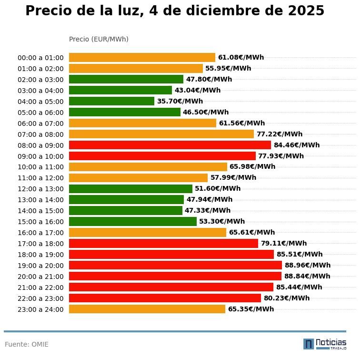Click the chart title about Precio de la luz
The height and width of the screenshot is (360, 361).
tap(175, 11)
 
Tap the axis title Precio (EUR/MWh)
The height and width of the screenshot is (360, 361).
tap(99, 39)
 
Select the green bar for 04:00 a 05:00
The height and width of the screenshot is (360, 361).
tap(111, 101)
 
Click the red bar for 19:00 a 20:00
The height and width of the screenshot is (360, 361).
tap(175, 265)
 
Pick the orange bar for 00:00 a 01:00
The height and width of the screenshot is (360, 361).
tap(142, 58)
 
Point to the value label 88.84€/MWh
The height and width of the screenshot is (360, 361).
tap(307, 276)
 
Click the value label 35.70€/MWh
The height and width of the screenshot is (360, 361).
tap(180, 101)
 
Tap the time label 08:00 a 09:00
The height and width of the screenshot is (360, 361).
tap(40, 145)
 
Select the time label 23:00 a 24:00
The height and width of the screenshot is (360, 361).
tap(40, 309)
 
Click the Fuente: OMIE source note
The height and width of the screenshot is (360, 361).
tap(27, 344)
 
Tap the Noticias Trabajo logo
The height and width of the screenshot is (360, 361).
tap(324, 344)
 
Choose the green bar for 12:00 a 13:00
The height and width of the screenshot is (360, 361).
tap(130, 189)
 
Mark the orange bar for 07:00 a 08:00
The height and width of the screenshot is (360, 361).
tap(161, 134)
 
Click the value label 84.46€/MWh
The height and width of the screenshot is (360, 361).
tap(296, 145)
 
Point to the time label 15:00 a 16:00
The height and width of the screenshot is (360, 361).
tap(40, 222)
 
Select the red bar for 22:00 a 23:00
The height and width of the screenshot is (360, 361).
tap(165, 298)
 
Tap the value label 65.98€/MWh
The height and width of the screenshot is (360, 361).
tap(252, 167)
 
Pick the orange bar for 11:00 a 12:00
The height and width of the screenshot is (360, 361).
tap(138, 178)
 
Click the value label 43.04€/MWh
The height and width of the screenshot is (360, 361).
tap(197, 90)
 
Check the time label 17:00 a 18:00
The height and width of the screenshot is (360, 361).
tap(40, 244)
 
